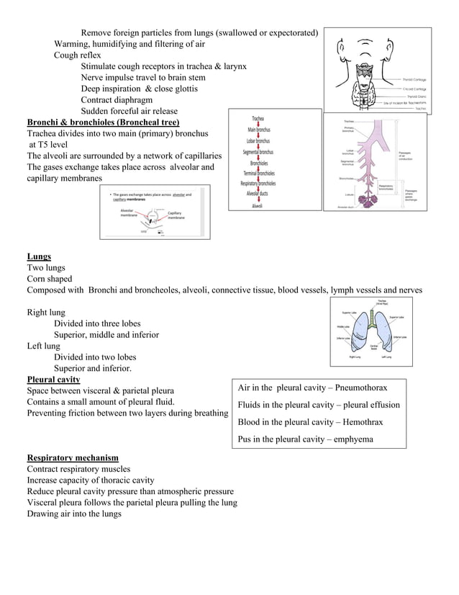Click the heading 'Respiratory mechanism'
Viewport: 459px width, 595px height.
coord(73,457)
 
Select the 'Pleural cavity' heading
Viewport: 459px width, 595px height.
coord(53,380)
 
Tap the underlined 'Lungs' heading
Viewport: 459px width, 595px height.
coord(39,256)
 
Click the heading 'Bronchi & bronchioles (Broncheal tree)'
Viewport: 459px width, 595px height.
coord(103,122)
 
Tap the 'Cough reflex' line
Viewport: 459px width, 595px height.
coord(78,55)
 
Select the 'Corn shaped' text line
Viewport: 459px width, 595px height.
coord(50,279)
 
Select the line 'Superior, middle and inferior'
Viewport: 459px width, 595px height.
coord(106,335)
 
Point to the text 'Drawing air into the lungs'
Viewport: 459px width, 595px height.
coord(74,514)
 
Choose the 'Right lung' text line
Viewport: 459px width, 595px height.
coord(46,313)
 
